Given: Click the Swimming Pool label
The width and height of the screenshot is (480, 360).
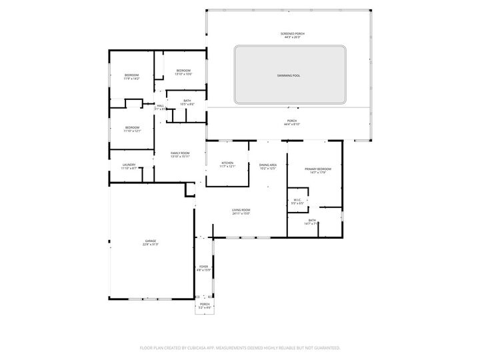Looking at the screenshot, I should click(x=289, y=75).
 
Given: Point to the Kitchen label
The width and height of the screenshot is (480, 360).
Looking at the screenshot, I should click(x=227, y=163).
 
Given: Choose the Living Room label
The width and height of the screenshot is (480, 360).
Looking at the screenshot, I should click(x=241, y=211).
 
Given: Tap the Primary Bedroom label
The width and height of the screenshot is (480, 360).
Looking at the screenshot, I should click(x=318, y=169).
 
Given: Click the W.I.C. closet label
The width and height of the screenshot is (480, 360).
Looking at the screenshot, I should click(x=297, y=200).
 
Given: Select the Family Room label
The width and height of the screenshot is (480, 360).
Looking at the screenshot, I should click(x=180, y=153).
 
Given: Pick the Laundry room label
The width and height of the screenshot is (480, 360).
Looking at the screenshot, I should click(x=129, y=165).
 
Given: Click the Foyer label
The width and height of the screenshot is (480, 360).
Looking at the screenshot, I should click(x=203, y=267).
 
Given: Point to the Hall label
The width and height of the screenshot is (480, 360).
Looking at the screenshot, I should click(x=160, y=106).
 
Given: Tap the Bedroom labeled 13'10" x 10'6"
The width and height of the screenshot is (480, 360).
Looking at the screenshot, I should click(x=183, y=71).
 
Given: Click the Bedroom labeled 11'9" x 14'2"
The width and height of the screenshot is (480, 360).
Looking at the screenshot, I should click(x=132, y=75).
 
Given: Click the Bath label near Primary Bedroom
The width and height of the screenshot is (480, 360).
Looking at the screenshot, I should click(x=312, y=220).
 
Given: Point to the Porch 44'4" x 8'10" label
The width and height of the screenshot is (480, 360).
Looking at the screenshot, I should click(x=292, y=121).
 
